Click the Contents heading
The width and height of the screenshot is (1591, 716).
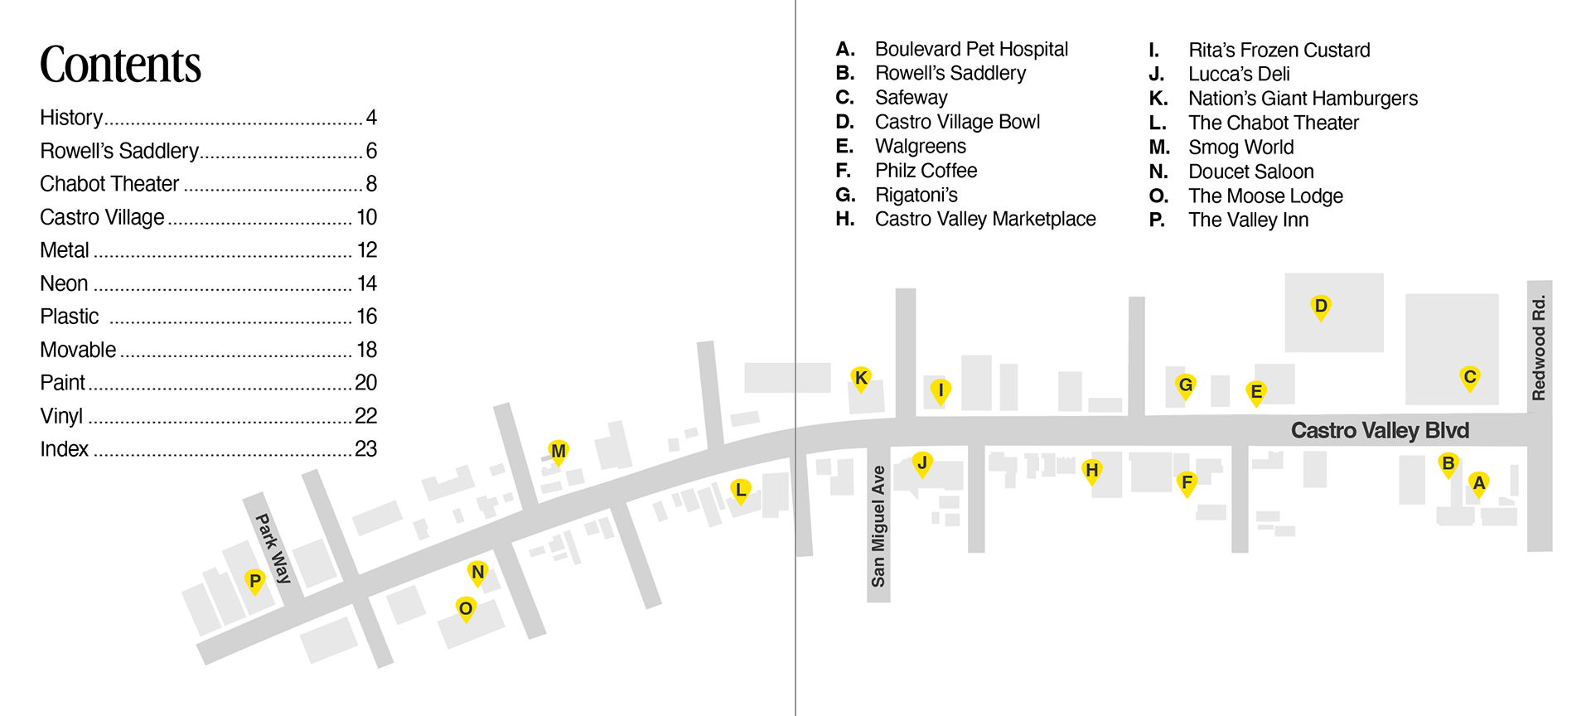pos(120,65)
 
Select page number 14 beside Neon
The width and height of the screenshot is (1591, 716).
pos(366,283)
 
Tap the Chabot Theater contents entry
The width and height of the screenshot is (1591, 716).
pos(109,184)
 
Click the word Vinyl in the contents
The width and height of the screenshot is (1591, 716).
pos(61,416)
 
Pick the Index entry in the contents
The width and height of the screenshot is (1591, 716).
pos(64,449)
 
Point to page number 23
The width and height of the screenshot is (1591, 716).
pos(365,449)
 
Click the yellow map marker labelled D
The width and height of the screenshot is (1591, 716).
pos(1321,307)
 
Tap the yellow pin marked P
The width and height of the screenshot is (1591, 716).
pos(255,581)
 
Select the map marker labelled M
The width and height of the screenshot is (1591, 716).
pos(559,452)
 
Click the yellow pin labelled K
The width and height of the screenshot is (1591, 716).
pos(861,378)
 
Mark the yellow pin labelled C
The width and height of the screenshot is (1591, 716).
pos(1469,377)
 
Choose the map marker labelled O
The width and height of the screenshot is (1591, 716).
pos(466,609)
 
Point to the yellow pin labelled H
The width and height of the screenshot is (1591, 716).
pos(1092,471)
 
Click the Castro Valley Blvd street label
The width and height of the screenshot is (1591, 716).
pos(1380,431)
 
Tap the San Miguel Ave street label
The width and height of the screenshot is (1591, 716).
pos(878,526)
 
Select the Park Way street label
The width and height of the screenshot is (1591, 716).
pos(273,548)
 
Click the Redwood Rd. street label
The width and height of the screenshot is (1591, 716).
pos(1539,347)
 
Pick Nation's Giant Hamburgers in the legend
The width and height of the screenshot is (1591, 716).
pos(1303,99)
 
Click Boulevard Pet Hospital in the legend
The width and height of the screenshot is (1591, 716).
pos(971,50)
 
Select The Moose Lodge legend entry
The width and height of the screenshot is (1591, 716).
pos(1265,196)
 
